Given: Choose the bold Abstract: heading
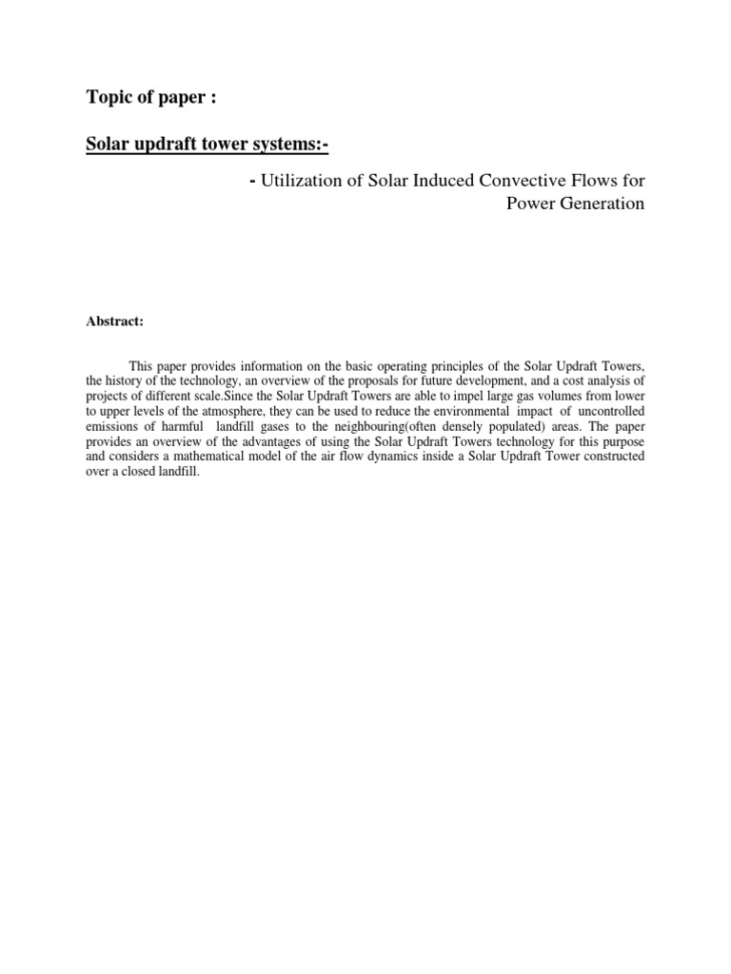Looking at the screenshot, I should click(x=114, y=321).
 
